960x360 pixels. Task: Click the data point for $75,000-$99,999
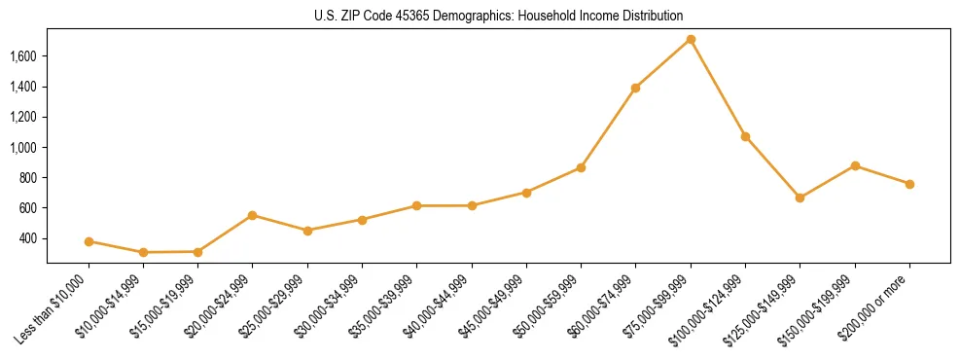tap(691, 40)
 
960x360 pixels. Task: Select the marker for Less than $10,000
tap(89, 241)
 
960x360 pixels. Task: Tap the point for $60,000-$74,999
tap(635, 88)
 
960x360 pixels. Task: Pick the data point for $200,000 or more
tap(909, 184)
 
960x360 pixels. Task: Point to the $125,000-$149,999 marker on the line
tap(800, 198)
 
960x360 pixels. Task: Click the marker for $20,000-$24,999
tap(253, 215)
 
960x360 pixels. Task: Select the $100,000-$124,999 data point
tap(745, 136)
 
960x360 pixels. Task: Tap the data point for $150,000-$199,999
tap(855, 165)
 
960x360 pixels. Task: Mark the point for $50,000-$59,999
tap(581, 167)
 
